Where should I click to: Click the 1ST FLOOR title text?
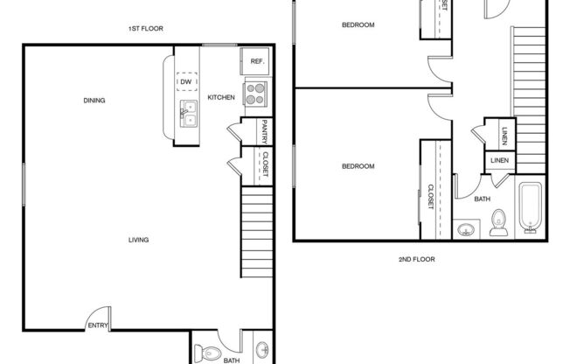click(x=146, y=29)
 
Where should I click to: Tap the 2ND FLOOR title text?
click(x=417, y=260)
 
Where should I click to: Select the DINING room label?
click(x=94, y=101)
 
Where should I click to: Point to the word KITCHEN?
click(x=220, y=98)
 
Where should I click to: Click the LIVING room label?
click(x=138, y=240)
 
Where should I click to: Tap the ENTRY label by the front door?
click(x=96, y=326)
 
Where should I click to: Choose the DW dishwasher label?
click(x=185, y=82)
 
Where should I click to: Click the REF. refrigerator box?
click(x=257, y=61)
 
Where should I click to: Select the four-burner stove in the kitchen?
click(x=256, y=93)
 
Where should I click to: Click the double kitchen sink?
click(x=189, y=112)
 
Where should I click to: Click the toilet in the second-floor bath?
click(x=498, y=224)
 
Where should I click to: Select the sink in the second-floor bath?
click(x=465, y=231)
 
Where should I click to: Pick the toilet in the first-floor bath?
click(x=205, y=352)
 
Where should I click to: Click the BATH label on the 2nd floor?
click(x=482, y=199)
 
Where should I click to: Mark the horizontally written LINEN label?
click(x=499, y=161)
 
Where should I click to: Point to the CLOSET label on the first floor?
click(x=263, y=164)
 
